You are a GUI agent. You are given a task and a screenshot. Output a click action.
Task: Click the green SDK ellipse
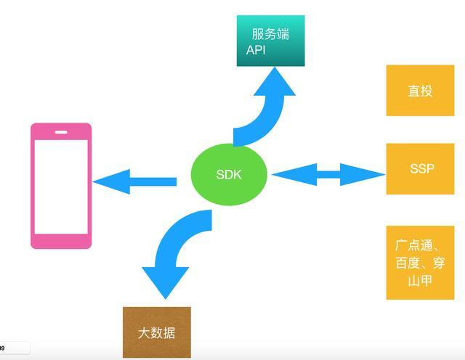click(x=229, y=174)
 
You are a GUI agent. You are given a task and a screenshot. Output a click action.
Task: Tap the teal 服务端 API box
click(x=270, y=41)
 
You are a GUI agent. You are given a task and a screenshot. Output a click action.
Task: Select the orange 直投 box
click(x=420, y=91)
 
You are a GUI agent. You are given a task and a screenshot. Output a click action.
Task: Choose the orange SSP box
click(x=420, y=169)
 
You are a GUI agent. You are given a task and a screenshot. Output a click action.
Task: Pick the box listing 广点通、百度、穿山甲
click(x=420, y=263)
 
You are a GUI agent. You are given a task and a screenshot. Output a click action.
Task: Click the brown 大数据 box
click(x=157, y=332)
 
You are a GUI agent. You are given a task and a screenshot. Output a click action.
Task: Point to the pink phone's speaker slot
click(x=61, y=132)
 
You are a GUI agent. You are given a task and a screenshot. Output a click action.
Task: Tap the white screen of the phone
click(x=61, y=187)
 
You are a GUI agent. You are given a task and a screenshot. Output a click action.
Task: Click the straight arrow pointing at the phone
click(x=134, y=181)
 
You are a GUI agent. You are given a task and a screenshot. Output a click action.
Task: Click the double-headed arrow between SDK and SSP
click(x=328, y=174)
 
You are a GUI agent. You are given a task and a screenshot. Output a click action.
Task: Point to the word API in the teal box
click(x=256, y=50)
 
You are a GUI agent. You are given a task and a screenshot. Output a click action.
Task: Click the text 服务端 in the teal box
click(x=270, y=34)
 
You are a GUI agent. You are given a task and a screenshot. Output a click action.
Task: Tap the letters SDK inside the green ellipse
click(x=229, y=174)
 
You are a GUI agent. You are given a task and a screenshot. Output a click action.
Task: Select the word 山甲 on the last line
click(x=420, y=281)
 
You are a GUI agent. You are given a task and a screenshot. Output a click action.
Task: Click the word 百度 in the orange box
click(x=408, y=263)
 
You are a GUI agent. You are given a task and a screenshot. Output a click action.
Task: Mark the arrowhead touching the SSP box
click(x=363, y=174)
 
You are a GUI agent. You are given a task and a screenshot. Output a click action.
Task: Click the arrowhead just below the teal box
click(x=275, y=81)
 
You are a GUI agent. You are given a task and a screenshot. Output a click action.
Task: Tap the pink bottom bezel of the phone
click(x=61, y=241)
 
